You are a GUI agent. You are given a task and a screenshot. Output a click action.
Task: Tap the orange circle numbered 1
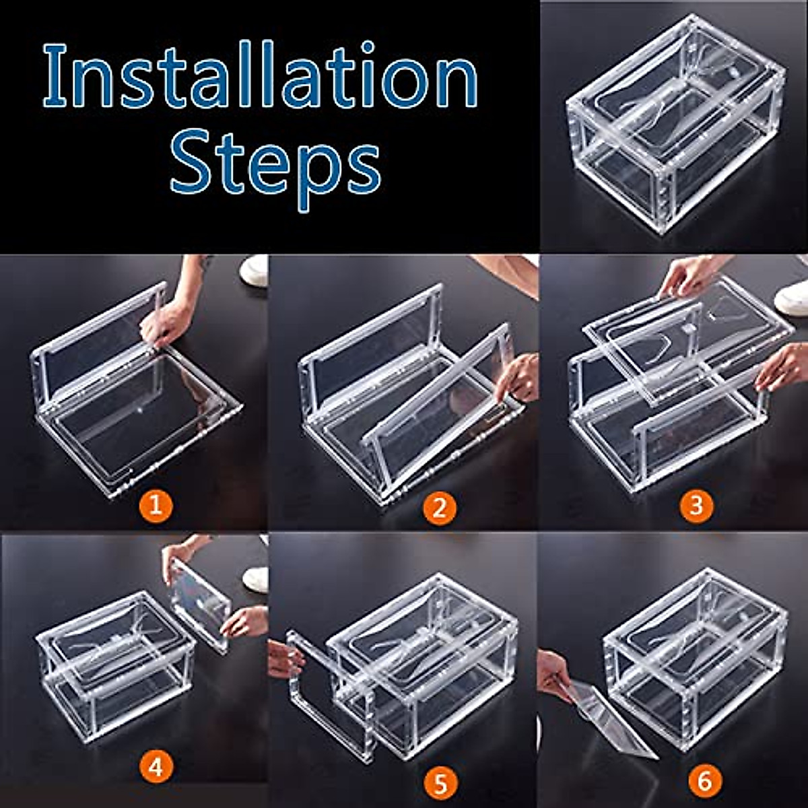point(156,505)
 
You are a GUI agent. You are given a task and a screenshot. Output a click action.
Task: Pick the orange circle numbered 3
point(696,505)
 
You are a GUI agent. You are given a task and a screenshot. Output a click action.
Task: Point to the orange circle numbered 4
point(156,768)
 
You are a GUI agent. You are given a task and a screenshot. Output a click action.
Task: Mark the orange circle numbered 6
point(704,781)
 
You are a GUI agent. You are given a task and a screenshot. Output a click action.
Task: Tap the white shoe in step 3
point(793,296)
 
